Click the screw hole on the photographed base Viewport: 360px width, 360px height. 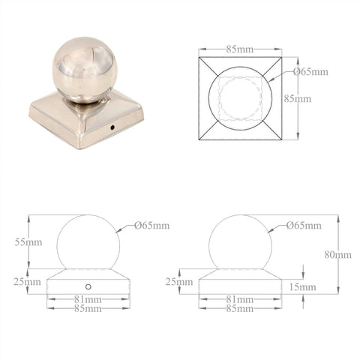(x=112, y=127)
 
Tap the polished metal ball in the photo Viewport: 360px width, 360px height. (x=83, y=70)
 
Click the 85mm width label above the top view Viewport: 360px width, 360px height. (x=240, y=49)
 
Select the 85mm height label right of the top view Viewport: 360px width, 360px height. (x=298, y=99)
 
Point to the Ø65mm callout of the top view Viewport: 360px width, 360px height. (x=311, y=72)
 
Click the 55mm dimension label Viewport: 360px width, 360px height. (x=28, y=242)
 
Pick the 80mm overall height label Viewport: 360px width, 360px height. (x=337, y=255)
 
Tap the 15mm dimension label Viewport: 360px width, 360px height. (x=302, y=287)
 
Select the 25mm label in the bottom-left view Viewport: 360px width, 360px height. (x=27, y=282)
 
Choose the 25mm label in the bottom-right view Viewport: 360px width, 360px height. (x=179, y=282)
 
